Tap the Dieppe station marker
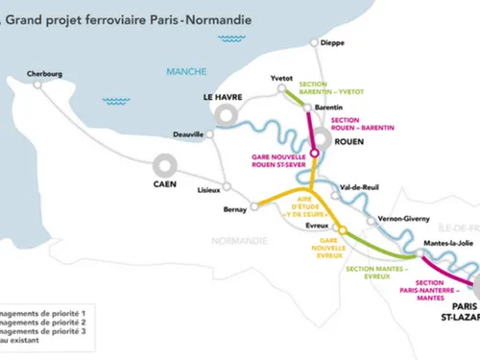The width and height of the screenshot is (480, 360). coord(314,42)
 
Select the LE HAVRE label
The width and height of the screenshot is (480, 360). coord(223,98)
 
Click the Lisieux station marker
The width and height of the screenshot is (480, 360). coord(227,186)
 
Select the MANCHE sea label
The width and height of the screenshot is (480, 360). coord(180,71)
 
